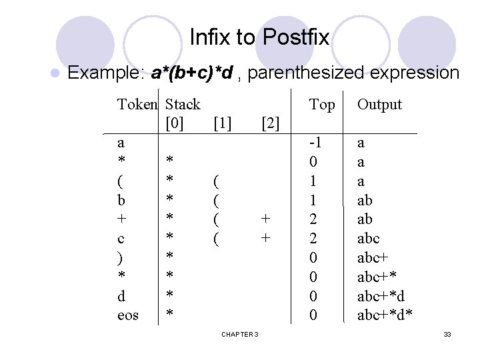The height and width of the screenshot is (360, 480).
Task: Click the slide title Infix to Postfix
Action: pyautogui.click(x=259, y=37)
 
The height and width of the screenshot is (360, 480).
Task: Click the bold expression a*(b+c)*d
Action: pyautogui.click(x=192, y=72)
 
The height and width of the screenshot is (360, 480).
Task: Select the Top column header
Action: pyautogui.click(x=323, y=104)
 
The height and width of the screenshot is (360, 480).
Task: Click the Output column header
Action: pyautogui.click(x=380, y=104)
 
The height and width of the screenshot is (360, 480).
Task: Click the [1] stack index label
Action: pyautogui.click(x=221, y=123)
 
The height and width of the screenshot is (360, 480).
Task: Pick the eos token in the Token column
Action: pyautogui.click(x=128, y=315)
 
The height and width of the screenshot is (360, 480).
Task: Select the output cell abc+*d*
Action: pyautogui.click(x=385, y=315)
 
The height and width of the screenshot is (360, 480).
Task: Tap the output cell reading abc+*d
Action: pyautogui.click(x=381, y=295)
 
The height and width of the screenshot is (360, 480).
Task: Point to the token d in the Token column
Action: pyautogui.click(x=121, y=295)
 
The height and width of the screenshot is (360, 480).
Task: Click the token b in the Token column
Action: pyautogui.click(x=121, y=200)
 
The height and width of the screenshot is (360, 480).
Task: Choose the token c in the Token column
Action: pyautogui.click(x=121, y=238)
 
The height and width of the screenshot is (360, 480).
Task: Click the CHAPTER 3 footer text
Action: pyautogui.click(x=241, y=333)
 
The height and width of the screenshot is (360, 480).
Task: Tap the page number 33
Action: pyautogui.click(x=447, y=333)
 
